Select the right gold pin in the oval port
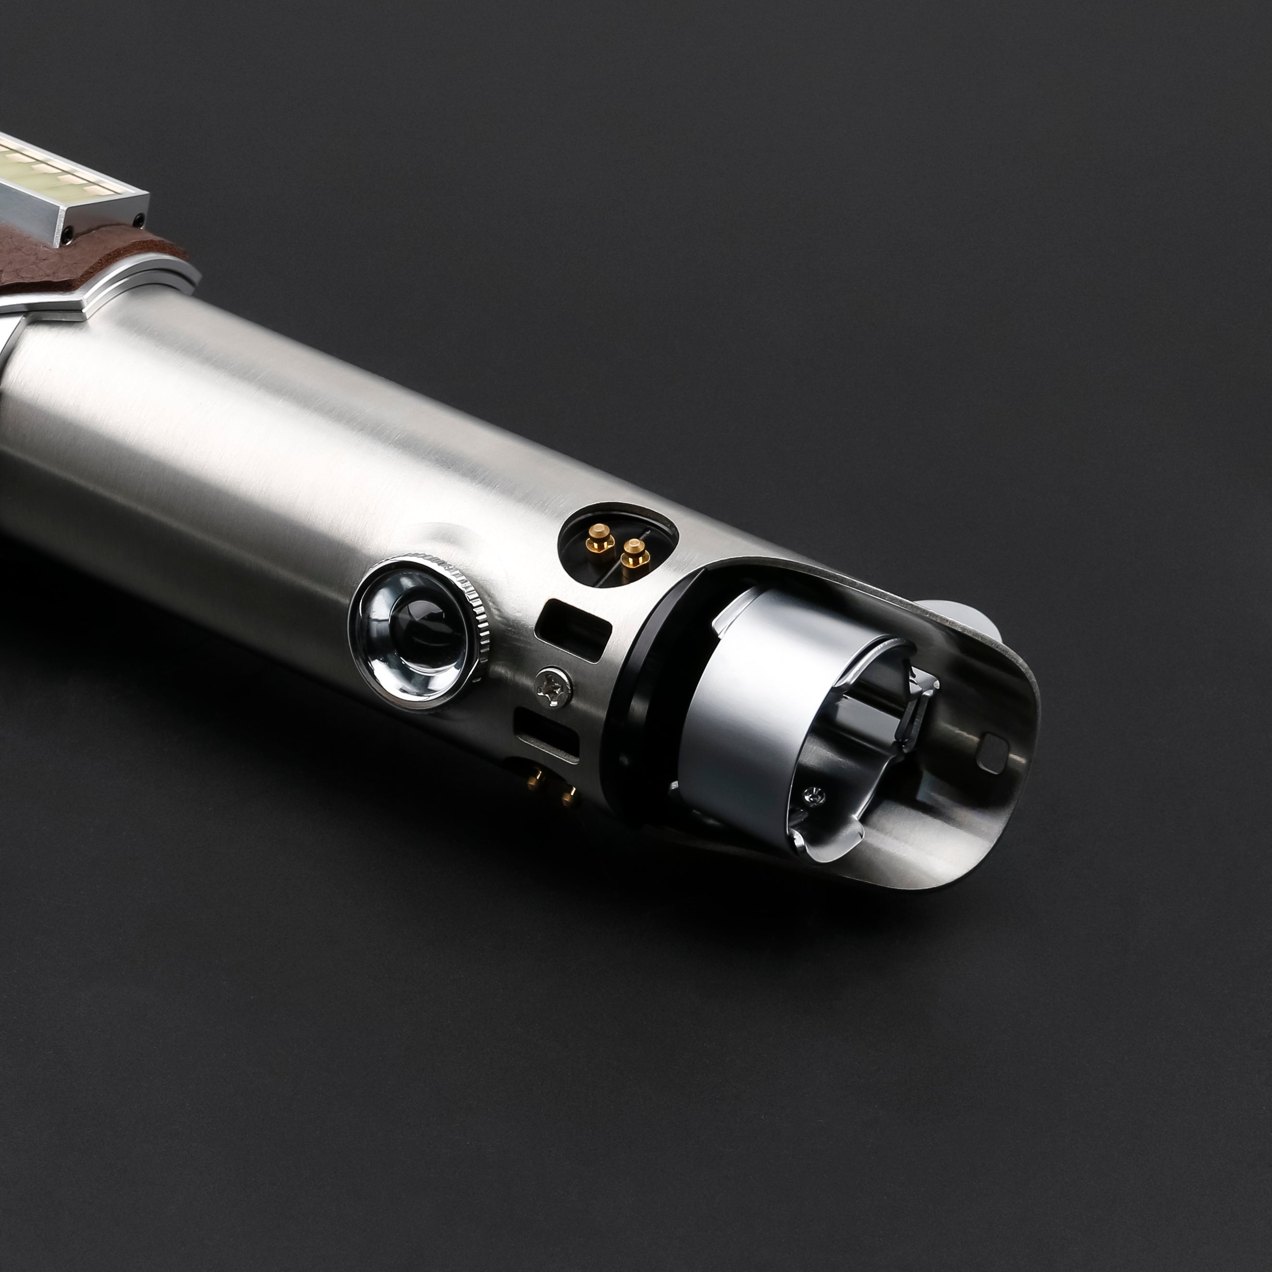coord(634,552)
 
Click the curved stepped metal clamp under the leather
coord(132,290)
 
